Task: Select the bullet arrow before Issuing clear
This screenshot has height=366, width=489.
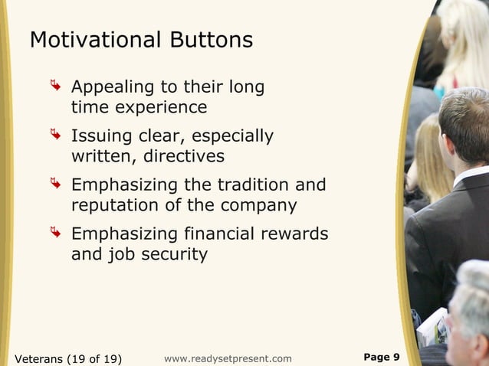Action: (56, 136)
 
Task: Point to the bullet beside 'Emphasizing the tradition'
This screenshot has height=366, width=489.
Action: (56, 184)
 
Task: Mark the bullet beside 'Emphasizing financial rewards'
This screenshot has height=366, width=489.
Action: (56, 232)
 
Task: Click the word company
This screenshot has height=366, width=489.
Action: (258, 205)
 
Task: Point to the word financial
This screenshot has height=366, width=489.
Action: (228, 233)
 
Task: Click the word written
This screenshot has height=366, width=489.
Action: (100, 156)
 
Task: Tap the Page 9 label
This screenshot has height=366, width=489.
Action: (381, 357)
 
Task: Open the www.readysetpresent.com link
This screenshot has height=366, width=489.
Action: (228, 358)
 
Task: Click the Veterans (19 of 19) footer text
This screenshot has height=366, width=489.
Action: (68, 358)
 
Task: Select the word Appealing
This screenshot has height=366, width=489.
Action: (113, 87)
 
